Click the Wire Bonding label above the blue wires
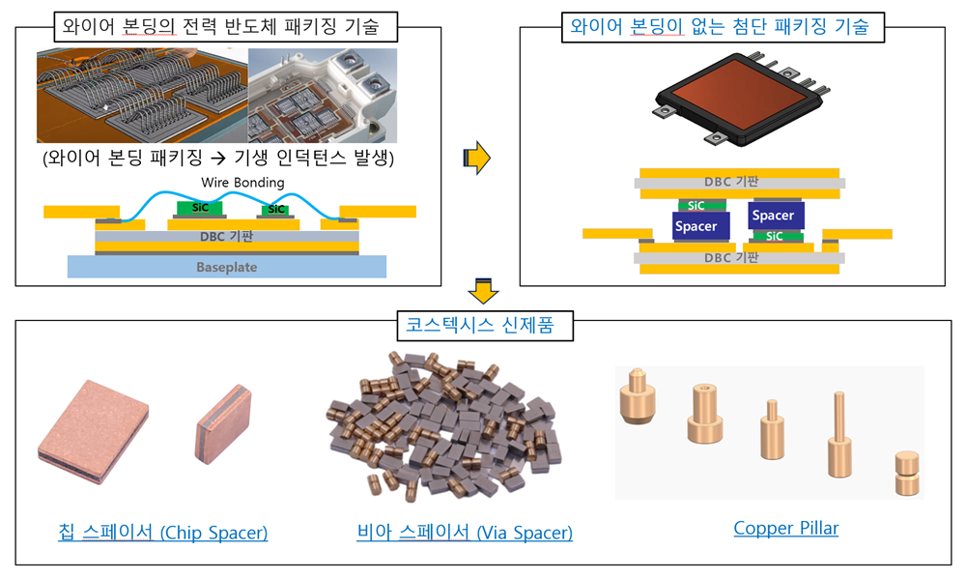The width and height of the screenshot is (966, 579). click(242, 183)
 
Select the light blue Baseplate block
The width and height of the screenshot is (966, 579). click(227, 267)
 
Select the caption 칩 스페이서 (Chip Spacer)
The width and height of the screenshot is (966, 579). click(161, 533)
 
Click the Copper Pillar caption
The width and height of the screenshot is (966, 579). click(785, 529)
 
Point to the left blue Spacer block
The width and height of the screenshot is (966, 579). click(696, 226)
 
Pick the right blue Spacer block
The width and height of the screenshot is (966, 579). click(773, 216)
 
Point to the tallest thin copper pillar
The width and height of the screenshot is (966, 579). click(836, 435)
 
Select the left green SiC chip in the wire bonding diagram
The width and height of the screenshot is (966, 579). click(198, 208)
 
